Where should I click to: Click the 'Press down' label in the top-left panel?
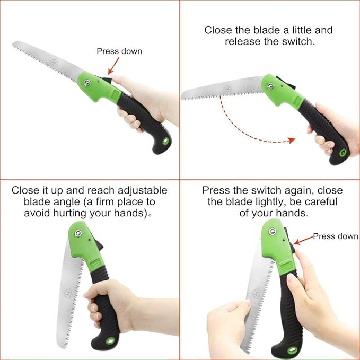pyautogui.click(x=119, y=51)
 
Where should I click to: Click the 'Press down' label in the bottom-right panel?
pyautogui.click(x=336, y=236)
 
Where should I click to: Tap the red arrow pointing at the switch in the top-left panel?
pyautogui.click(x=113, y=66)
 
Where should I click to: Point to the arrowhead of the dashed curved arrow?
pyautogui.click(x=292, y=140)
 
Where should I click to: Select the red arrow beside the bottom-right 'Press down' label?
pyautogui.click(x=303, y=240)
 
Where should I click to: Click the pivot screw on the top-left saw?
pyautogui.click(x=87, y=83)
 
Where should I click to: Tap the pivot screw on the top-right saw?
pyautogui.click(x=270, y=86)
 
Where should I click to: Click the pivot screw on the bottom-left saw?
pyautogui.click(x=78, y=233)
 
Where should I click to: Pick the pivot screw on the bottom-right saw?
pyautogui.click(x=273, y=231)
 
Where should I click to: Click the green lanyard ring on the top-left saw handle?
pyautogui.click(x=166, y=141)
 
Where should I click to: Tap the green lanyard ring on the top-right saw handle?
pyautogui.click(x=343, y=153)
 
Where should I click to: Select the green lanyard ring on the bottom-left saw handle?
pyautogui.click(x=110, y=341)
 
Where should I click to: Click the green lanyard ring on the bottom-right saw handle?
pyautogui.click(x=292, y=350)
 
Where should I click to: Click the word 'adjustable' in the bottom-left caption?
pyautogui.click(x=142, y=190)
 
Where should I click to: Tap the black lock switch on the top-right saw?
pyautogui.click(x=286, y=82)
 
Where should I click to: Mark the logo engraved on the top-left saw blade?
pyautogui.click(x=54, y=62)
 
